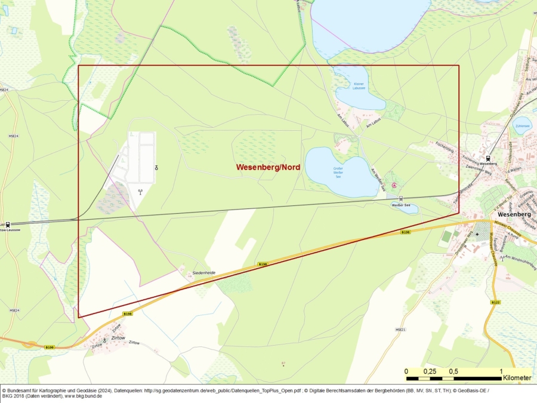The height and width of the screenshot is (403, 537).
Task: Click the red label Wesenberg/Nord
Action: click(x=268, y=167)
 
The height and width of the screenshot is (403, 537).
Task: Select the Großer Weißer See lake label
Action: click(x=338, y=173)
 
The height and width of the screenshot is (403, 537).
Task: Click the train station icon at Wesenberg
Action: click(x=489, y=158)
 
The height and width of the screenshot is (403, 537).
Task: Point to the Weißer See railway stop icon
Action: click(x=401, y=199)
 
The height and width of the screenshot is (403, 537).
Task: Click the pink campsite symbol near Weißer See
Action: click(x=393, y=186)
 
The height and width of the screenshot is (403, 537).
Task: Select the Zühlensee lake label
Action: click(x=523, y=126)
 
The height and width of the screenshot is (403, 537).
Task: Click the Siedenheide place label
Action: click(x=203, y=273)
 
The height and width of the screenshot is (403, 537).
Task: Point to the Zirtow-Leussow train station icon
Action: click(x=7, y=224)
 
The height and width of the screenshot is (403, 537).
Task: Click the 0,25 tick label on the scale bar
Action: click(x=430, y=371)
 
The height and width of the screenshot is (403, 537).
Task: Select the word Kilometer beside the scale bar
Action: click(x=517, y=378)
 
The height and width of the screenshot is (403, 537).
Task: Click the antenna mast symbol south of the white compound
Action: click(x=140, y=192)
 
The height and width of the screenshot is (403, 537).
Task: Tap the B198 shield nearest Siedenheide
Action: click(x=263, y=264)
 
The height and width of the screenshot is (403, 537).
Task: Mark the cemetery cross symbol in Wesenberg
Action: click(x=477, y=234)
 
